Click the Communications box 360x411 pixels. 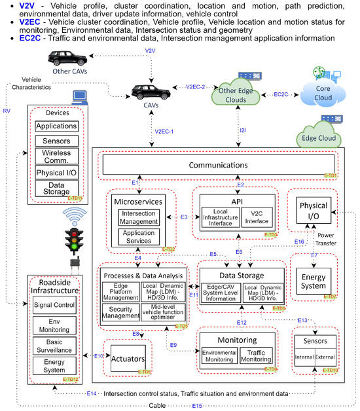coord(219,165)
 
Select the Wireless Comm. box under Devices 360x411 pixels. coord(56,157)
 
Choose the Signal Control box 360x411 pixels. coord(56,304)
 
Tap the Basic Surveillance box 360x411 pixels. coord(56,345)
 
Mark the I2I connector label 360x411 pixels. coord(243,131)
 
